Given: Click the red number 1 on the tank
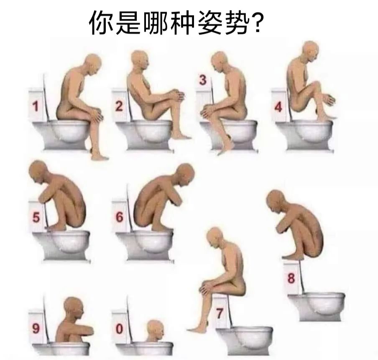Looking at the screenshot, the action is pyautogui.click(x=36, y=106).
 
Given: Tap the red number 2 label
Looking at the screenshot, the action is pyautogui.click(x=119, y=106).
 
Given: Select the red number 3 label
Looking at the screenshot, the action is pyautogui.click(x=203, y=81).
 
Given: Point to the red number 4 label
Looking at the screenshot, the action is pyautogui.click(x=278, y=107).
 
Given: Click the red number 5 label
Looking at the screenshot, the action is pyautogui.click(x=36, y=217).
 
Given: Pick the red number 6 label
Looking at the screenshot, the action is pyautogui.click(x=119, y=217).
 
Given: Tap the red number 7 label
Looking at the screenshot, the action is pyautogui.click(x=219, y=314).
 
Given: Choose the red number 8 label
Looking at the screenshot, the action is pyautogui.click(x=291, y=278).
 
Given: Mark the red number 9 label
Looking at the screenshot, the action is pyautogui.click(x=36, y=328).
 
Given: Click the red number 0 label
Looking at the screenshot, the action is pyautogui.click(x=119, y=329).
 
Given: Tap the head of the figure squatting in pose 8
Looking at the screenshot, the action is pyautogui.click(x=276, y=201).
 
